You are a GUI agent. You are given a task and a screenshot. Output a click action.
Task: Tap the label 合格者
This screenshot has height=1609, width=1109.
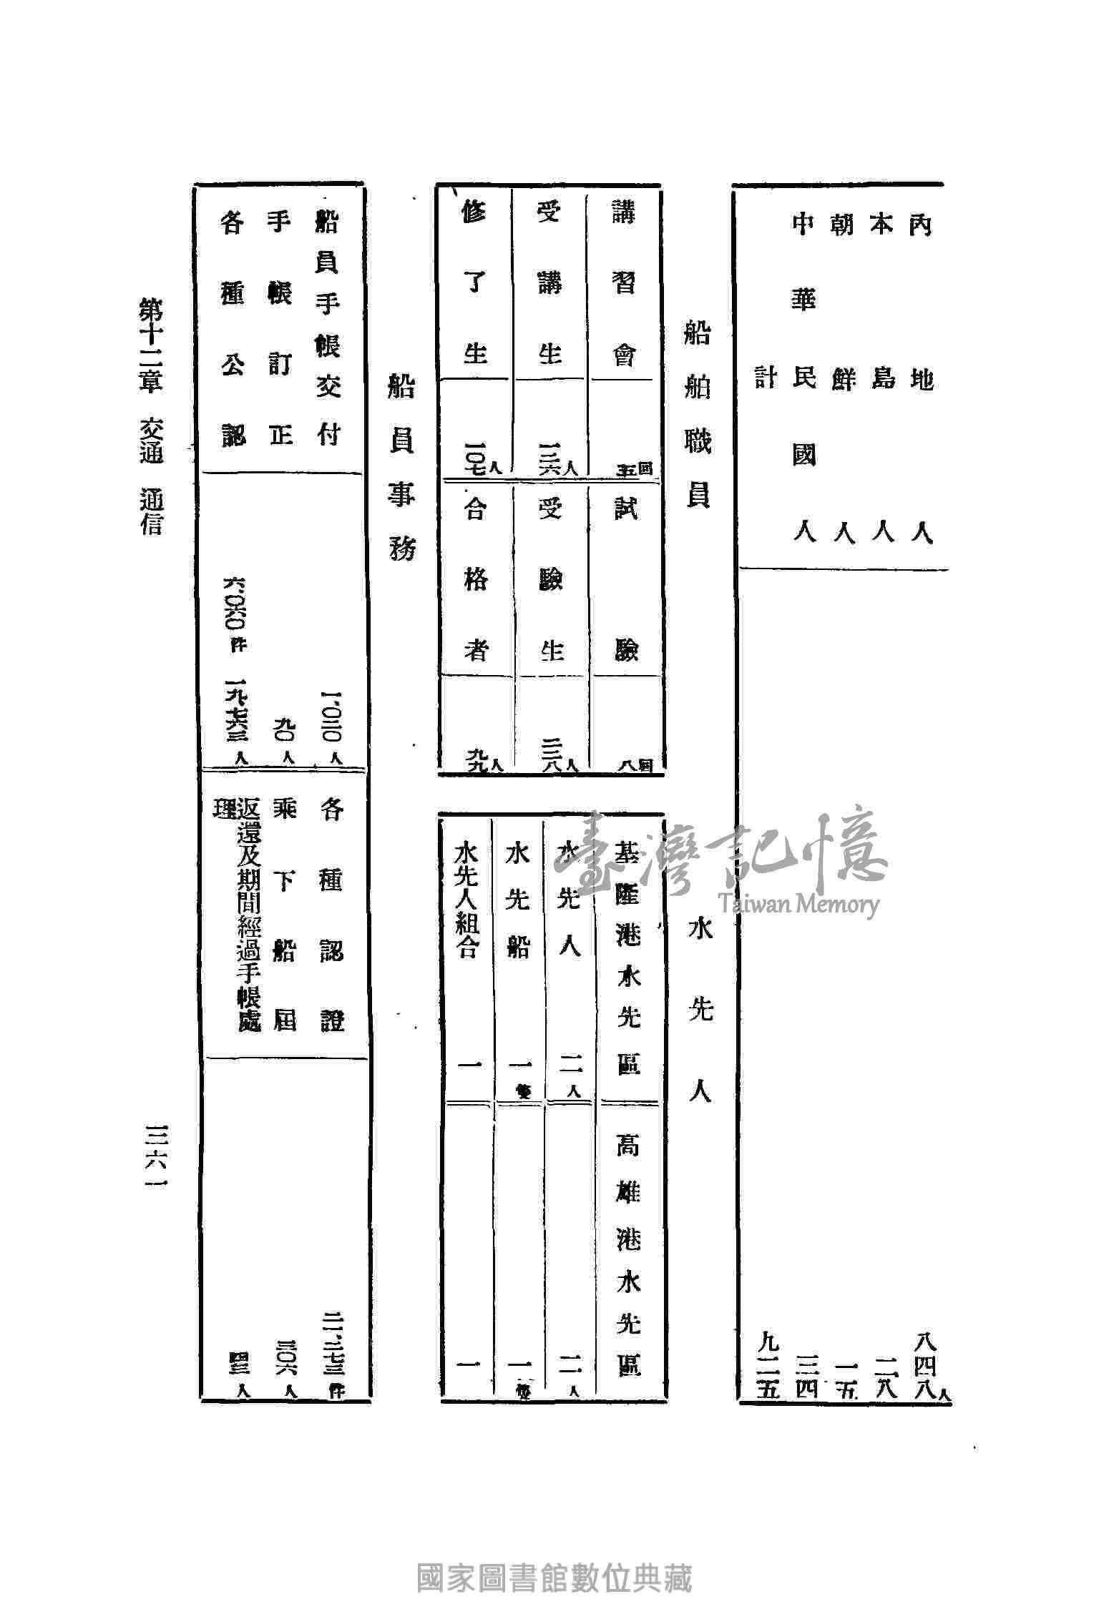click(476, 579)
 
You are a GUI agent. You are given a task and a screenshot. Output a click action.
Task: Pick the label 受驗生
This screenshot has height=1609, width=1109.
click(550, 579)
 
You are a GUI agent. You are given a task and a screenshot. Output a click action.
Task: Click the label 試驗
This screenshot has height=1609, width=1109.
click(625, 579)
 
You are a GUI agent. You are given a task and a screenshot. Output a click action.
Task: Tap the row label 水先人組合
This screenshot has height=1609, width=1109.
click(466, 901)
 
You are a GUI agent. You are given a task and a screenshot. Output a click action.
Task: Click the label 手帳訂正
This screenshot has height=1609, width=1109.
click(280, 329)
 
